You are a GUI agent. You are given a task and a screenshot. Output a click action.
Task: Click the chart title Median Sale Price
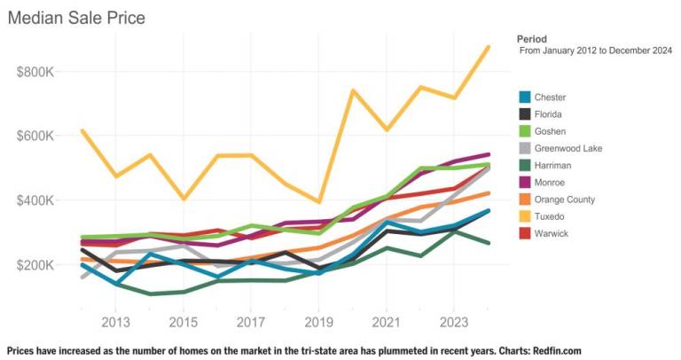pos(76,17)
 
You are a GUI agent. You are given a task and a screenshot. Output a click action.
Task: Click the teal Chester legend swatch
pos(524,98)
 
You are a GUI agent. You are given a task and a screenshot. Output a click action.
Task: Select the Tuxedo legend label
pos(550,216)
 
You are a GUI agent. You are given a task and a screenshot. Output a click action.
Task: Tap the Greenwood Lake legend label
pos(568,148)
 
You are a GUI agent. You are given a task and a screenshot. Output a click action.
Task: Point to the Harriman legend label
pos(553,166)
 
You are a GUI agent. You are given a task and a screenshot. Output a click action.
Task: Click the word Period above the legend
pos(531,39)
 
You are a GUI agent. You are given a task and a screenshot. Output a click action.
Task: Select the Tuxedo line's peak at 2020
pos(352,90)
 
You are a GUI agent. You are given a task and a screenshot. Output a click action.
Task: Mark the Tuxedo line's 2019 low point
pos(319,201)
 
